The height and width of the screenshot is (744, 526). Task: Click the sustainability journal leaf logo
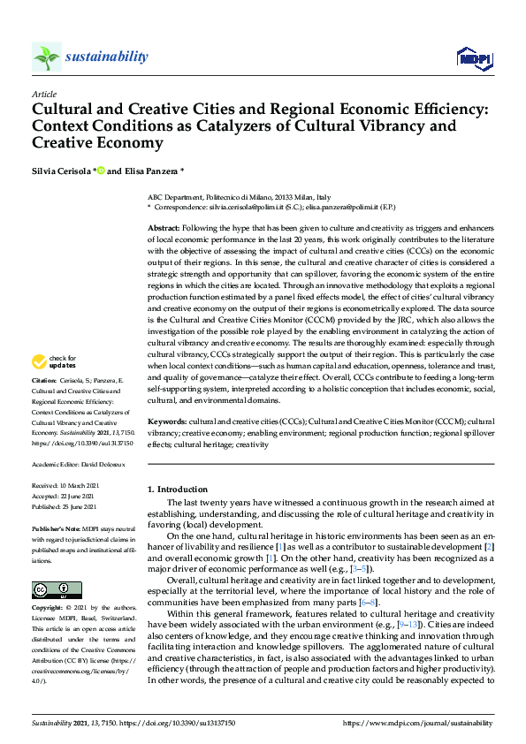click(x=46, y=57)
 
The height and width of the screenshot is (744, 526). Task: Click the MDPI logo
click(x=473, y=58)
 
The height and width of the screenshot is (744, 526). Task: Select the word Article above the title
click(x=43, y=94)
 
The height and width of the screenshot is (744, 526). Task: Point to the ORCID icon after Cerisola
click(x=102, y=170)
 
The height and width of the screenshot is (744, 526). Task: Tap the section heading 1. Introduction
click(x=178, y=489)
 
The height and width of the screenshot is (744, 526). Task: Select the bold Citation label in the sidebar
click(x=44, y=406)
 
